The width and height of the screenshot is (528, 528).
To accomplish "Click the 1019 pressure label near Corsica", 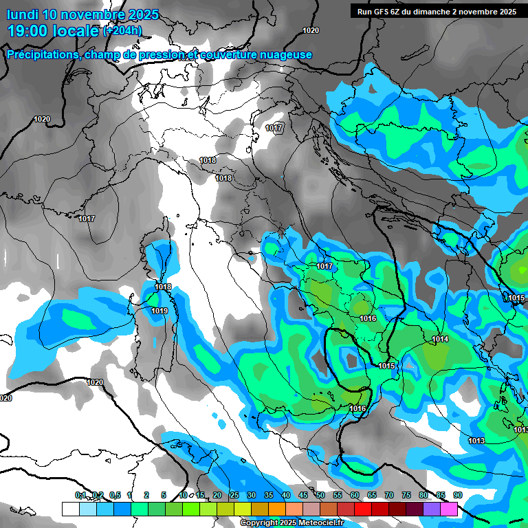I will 159,311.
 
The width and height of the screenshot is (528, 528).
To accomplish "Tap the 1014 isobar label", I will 441,340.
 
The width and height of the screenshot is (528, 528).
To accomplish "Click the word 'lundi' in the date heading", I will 23,14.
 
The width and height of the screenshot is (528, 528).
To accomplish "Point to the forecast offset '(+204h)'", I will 122,30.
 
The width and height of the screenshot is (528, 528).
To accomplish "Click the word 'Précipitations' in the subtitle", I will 43,55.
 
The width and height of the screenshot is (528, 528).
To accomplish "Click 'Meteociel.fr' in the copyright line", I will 319,523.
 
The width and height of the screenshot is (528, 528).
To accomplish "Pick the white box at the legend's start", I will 70,509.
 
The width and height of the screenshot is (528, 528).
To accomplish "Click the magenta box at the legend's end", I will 449,509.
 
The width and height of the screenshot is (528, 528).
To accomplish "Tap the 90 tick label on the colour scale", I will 458,495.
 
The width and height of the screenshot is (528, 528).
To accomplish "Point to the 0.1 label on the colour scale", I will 80,495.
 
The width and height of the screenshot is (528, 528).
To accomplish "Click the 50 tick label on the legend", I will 320,495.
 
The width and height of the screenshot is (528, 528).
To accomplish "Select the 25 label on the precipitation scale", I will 234,495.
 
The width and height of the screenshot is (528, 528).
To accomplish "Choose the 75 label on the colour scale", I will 406,495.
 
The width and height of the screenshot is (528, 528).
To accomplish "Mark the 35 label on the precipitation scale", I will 269,495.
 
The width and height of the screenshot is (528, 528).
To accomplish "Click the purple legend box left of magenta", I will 432,509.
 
